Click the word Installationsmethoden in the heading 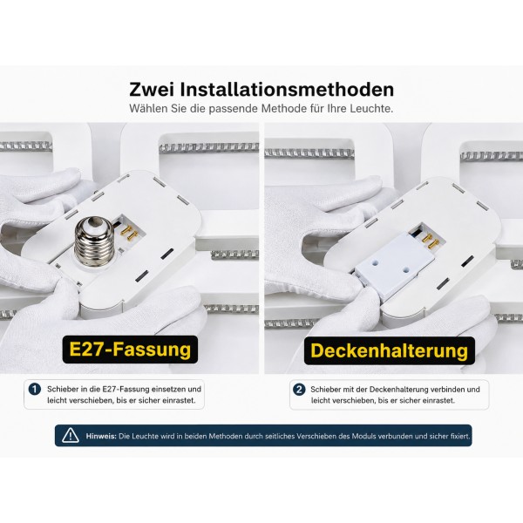(x=287, y=90)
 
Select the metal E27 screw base (x=95, y=241)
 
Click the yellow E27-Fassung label (x=130, y=350)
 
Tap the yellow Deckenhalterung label (x=390, y=350)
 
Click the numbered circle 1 (x=34, y=390)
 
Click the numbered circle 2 (x=299, y=390)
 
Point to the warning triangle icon (x=71, y=435)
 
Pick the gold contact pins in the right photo (x=428, y=241)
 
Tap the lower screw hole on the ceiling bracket (x=405, y=268)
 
